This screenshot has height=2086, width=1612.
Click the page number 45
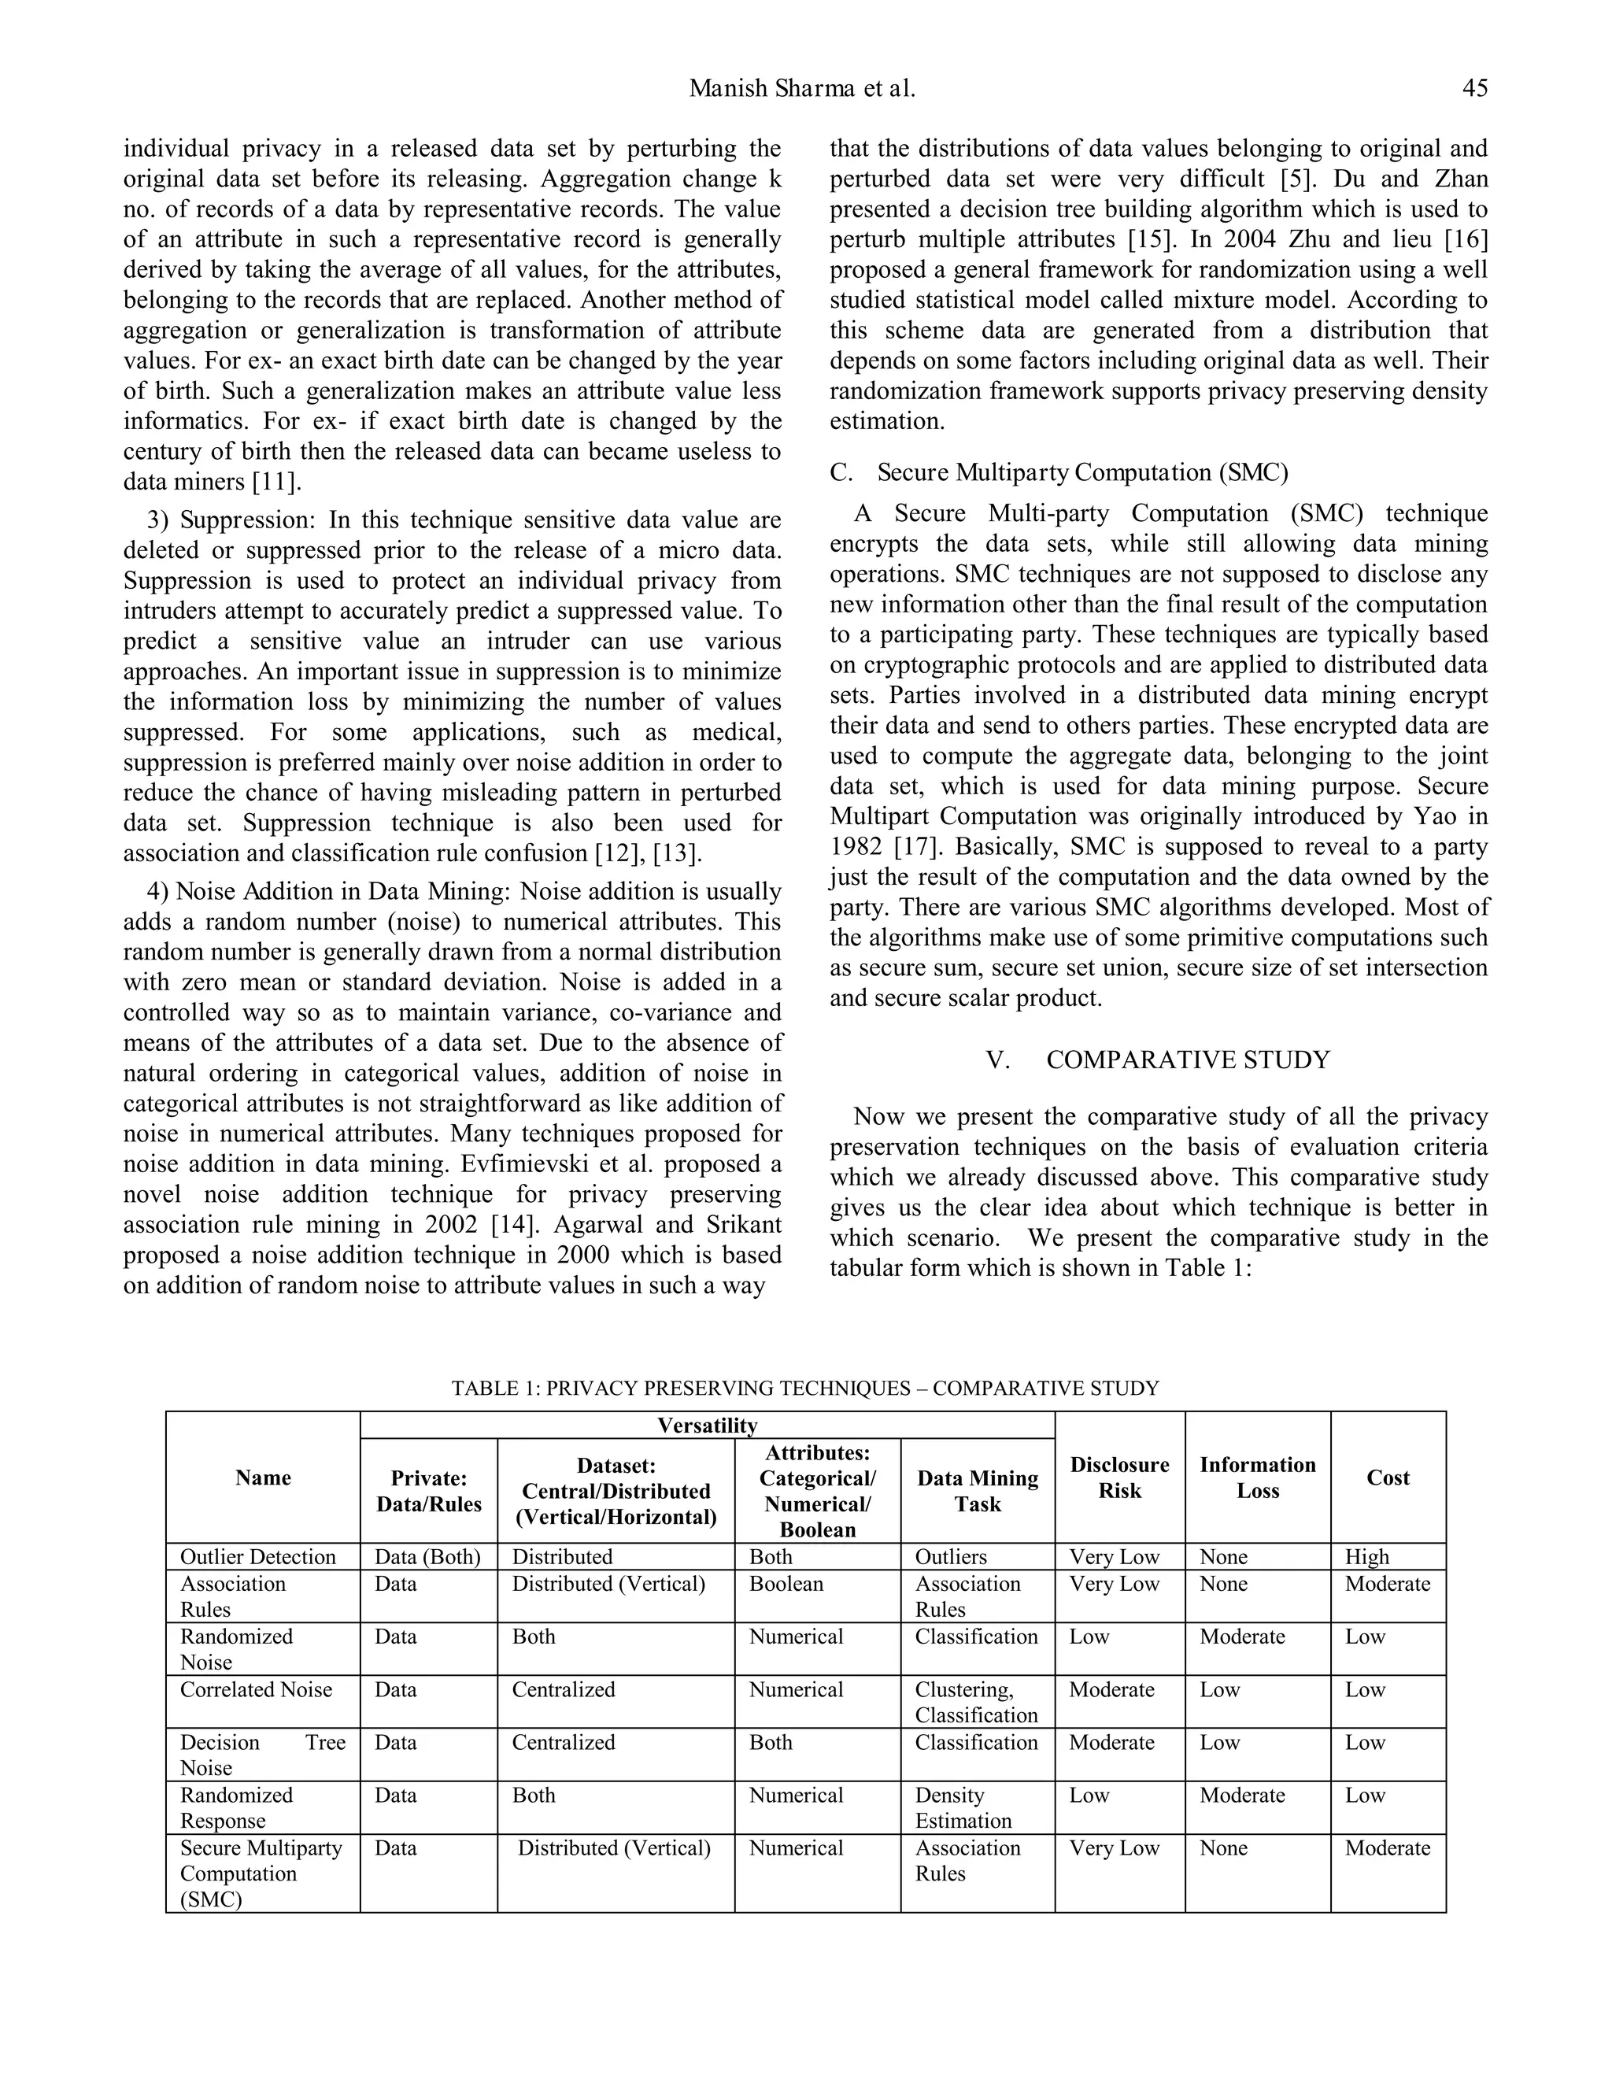coord(1473,89)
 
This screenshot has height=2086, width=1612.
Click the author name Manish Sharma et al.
coord(802,89)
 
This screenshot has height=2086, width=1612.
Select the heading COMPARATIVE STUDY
coord(1187,1060)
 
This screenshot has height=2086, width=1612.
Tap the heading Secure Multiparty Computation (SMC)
coord(1082,473)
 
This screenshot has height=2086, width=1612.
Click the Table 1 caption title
coord(805,1388)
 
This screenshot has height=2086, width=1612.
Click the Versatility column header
coord(707,1425)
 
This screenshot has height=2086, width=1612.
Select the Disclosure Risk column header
coord(1119,1478)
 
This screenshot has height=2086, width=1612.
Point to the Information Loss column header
coord(1257,1478)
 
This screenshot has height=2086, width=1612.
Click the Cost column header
coord(1387,1478)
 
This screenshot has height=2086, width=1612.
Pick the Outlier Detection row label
coord(258,1557)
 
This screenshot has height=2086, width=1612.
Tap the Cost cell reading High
coord(1366,1557)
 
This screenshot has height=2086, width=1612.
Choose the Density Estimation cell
coord(962,1808)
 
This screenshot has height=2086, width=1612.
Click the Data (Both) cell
coord(427,1557)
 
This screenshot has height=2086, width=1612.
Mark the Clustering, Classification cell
coord(976,1702)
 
